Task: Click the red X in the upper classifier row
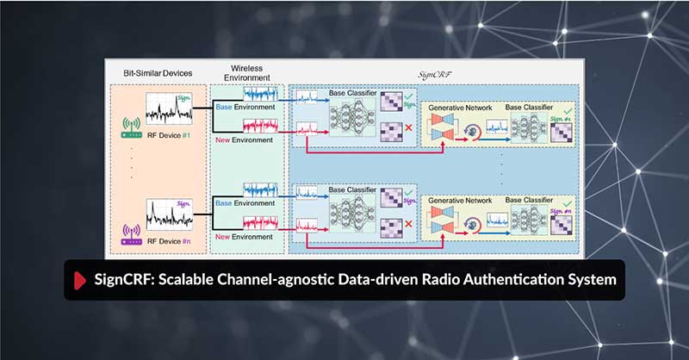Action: click(407, 128)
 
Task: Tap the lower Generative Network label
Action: click(460, 200)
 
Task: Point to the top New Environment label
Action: click(245, 141)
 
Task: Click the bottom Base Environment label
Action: click(245, 203)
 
